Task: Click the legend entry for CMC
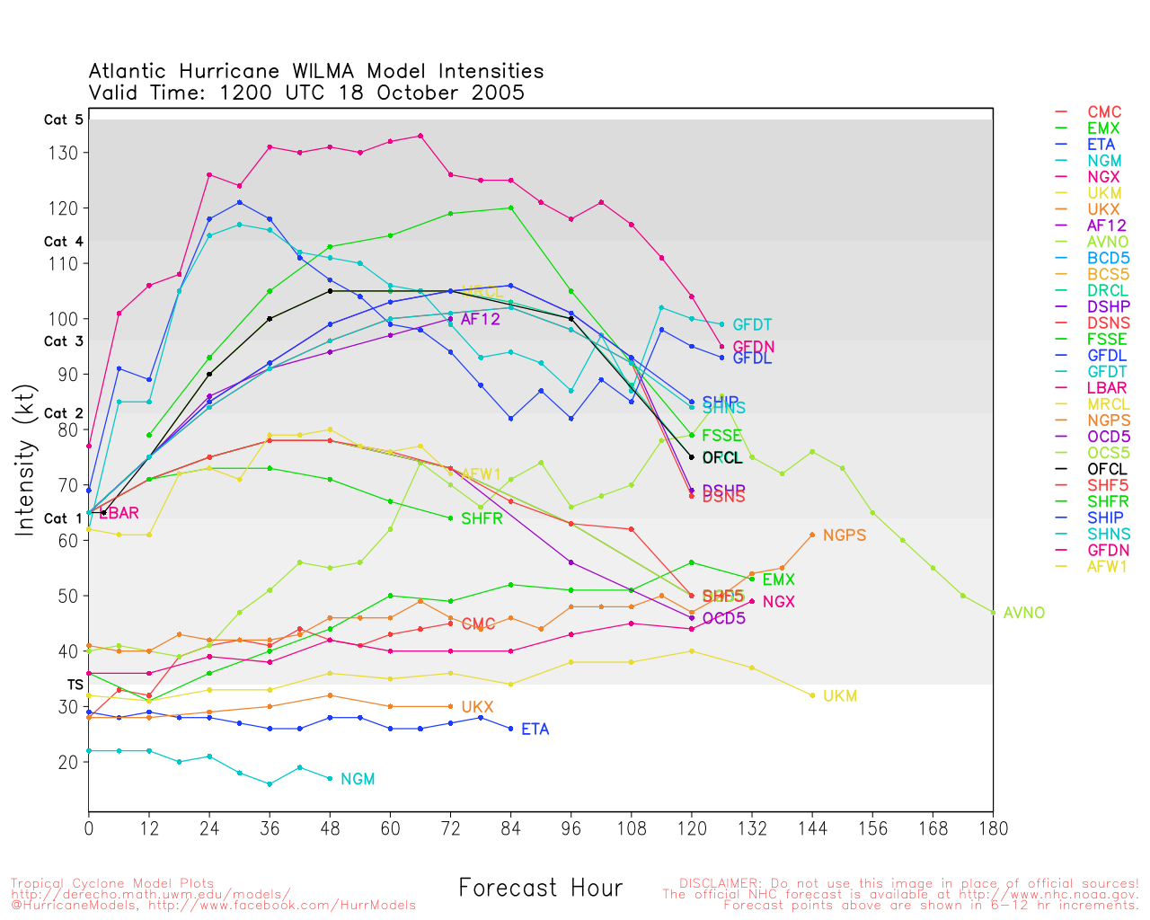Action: click(x=1104, y=112)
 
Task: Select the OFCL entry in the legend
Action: click(x=1106, y=469)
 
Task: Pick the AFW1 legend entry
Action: click(x=1107, y=566)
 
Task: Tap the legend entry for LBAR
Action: click(x=1107, y=388)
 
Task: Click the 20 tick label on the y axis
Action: click(x=68, y=762)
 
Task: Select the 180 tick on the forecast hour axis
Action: click(x=993, y=828)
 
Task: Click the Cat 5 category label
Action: click(x=63, y=119)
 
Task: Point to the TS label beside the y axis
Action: click(x=75, y=685)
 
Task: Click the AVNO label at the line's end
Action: click(x=1024, y=613)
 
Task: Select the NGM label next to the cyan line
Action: click(x=358, y=779)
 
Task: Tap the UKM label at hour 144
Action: click(x=840, y=696)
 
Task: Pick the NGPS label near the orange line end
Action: click(x=845, y=535)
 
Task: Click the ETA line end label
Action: click(x=535, y=730)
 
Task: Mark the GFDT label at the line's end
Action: click(x=752, y=325)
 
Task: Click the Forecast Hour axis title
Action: click(x=540, y=889)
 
